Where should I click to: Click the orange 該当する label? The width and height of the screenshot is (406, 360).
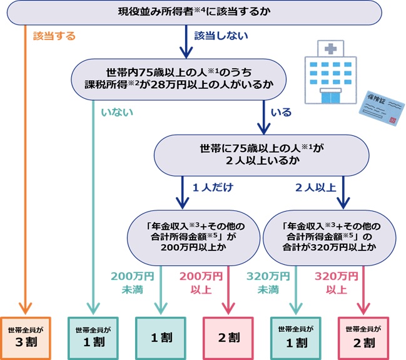tap(54, 36)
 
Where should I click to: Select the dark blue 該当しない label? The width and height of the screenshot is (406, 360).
tap(221, 36)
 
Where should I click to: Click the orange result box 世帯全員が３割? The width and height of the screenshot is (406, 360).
tap(24, 337)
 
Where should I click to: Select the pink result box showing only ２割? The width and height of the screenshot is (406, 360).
tap(228, 337)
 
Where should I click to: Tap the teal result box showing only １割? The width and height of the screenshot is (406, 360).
tap(161, 337)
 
